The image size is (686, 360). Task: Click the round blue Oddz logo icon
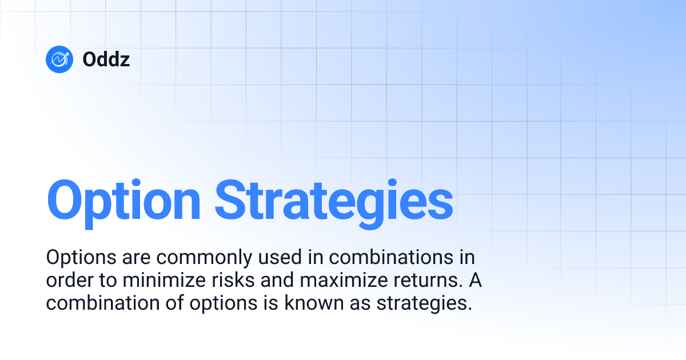tap(60, 59)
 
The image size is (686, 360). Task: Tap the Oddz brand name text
tap(106, 59)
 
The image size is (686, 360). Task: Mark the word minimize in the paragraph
tap(151, 281)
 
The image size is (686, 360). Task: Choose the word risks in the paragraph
tap(220, 281)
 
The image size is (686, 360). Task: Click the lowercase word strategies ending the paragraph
tap(424, 303)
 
